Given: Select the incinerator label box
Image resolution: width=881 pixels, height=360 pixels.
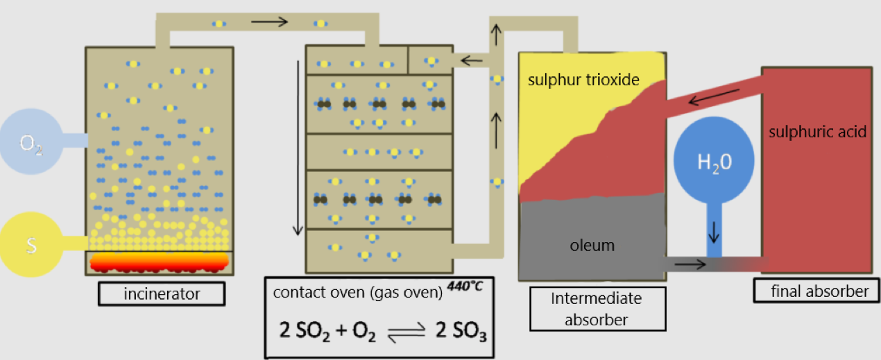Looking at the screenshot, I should [x=161, y=294].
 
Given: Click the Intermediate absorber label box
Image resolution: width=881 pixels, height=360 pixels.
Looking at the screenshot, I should [x=597, y=308].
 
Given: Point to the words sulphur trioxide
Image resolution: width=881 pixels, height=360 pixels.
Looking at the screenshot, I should [x=583, y=80].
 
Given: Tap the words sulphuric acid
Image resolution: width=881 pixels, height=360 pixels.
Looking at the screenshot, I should [x=817, y=132].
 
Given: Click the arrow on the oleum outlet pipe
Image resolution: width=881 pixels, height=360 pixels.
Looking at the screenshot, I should [x=697, y=264].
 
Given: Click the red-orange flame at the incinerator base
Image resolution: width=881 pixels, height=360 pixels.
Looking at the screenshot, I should [x=160, y=261].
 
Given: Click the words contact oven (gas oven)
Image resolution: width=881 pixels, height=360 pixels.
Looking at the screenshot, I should [x=357, y=293].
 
